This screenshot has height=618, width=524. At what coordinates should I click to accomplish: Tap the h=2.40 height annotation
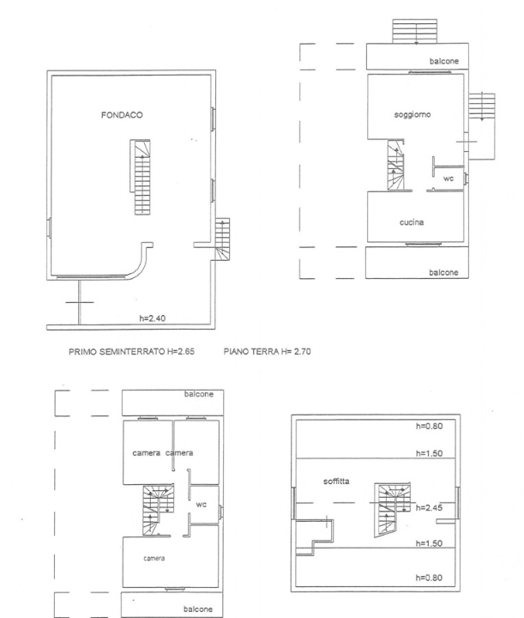point(154,318)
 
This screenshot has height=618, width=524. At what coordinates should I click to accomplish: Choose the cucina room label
point(413,222)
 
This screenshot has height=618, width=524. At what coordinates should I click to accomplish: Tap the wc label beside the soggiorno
point(448,179)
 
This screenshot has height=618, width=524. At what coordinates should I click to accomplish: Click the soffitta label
point(336,482)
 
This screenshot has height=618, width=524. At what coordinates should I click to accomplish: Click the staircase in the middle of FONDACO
point(142,179)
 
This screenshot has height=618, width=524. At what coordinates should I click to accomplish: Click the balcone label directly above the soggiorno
point(443,62)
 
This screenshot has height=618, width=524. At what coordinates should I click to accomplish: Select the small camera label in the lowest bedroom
point(154,558)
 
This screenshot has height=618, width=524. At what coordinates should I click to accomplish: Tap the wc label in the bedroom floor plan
point(201,504)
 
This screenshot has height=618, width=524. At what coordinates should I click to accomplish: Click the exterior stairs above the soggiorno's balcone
point(415,30)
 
